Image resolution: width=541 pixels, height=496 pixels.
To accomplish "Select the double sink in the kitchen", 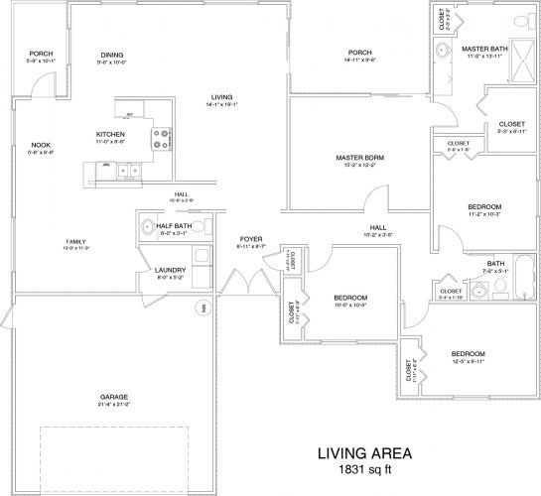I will tap(126, 171).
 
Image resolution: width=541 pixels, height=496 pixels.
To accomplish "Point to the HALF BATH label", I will tap(175, 225).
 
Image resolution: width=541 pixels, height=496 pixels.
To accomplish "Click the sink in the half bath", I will tap(147, 224).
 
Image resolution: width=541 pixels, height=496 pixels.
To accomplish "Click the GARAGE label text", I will tap(113, 397).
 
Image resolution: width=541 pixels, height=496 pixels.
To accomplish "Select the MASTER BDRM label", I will tap(360, 158).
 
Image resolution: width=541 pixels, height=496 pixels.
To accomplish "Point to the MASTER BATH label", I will tap(484, 48).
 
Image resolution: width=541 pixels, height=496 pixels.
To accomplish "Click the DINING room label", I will tap(112, 55).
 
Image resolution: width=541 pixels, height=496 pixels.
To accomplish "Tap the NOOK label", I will tap(42, 145).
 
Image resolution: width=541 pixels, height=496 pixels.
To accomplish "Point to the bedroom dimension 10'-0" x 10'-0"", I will tap(350, 306).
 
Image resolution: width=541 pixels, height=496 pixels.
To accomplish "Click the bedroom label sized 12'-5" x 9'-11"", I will tap(468, 354).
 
